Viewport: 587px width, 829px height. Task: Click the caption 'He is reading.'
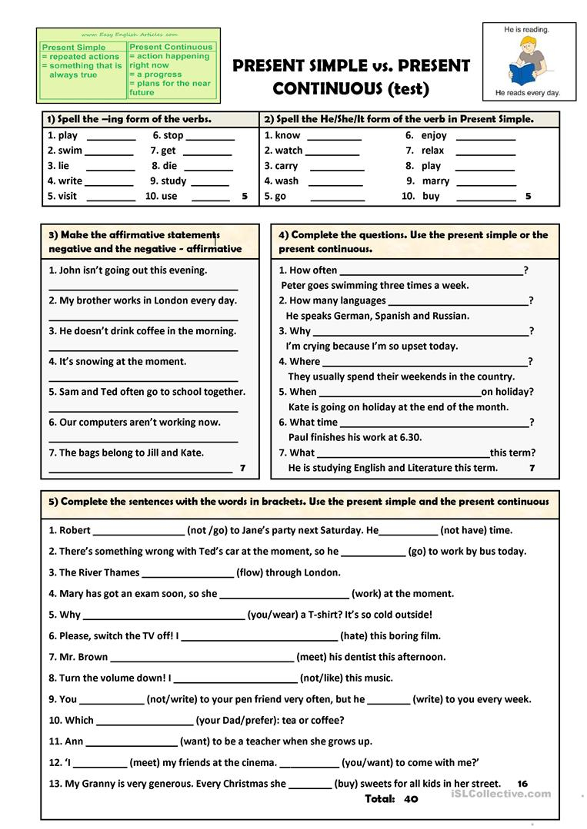(526, 29)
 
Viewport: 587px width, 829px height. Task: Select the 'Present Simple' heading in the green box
(74, 48)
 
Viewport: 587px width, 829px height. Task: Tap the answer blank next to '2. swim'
(110, 151)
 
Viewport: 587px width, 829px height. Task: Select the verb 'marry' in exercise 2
(435, 181)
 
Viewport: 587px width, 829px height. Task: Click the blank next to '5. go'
(337, 197)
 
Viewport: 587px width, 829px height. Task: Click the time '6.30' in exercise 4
(409, 437)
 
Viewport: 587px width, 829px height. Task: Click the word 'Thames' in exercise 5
(123, 572)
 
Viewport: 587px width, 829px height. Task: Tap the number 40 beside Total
(410, 799)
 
